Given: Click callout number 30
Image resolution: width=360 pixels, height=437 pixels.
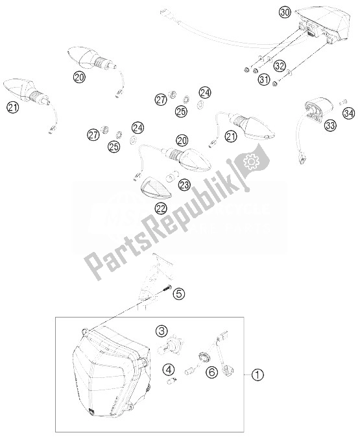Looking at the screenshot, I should (284, 12).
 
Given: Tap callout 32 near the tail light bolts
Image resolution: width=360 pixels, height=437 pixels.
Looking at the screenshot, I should (280, 66).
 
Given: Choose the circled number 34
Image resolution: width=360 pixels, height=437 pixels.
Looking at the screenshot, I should (348, 115).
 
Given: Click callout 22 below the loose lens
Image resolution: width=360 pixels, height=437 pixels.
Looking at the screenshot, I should (160, 208).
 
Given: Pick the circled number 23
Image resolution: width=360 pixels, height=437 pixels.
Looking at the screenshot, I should (184, 185).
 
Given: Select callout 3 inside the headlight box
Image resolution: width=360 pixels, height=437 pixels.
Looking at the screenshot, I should (162, 332).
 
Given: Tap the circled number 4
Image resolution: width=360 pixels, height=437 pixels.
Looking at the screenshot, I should (150, 371).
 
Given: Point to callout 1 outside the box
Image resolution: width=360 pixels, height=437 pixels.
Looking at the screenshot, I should (258, 374).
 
